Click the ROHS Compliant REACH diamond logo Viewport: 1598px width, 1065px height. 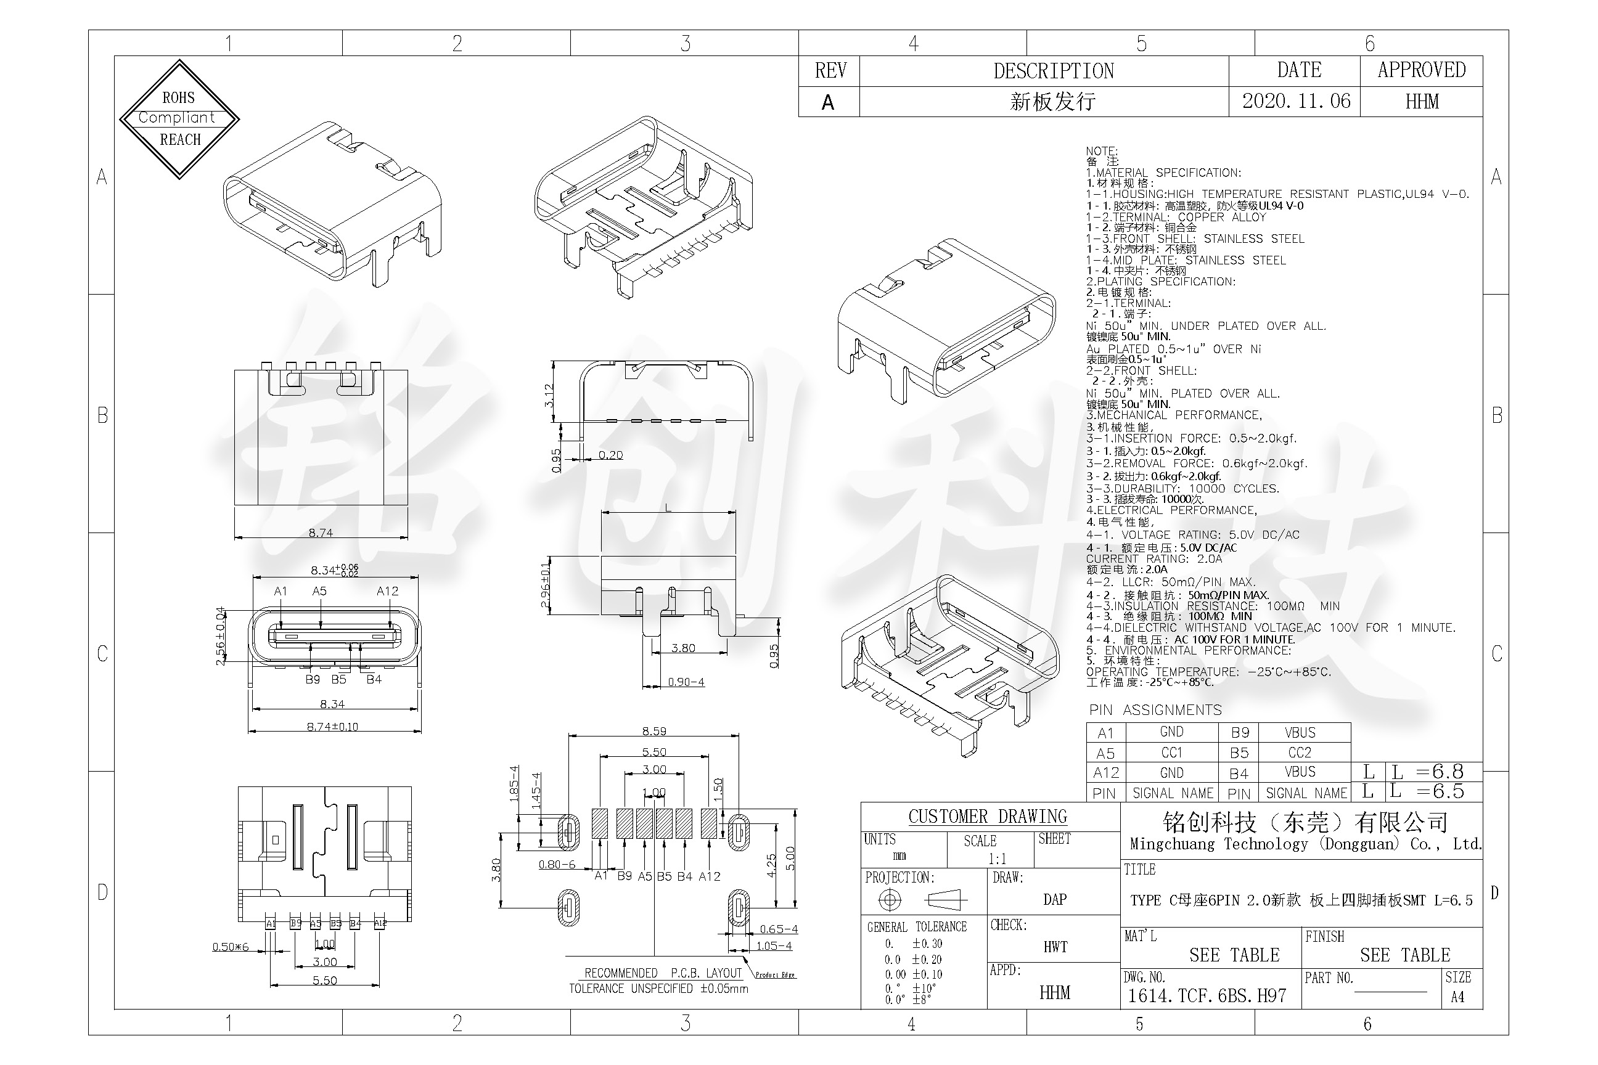[179, 119]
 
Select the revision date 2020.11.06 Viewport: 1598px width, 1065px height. [1296, 101]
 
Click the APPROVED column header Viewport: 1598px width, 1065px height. [1421, 70]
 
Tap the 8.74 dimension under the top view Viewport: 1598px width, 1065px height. [321, 533]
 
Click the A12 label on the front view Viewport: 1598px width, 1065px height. [387, 592]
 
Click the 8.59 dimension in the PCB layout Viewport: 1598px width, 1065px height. [654, 732]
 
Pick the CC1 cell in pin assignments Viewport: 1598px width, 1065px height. [1172, 753]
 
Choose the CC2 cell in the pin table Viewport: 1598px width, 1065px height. [1300, 753]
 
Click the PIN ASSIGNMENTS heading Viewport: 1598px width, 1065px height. [1155, 711]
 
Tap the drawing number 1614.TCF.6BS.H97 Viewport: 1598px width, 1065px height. [1207, 996]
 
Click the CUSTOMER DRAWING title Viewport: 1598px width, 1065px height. [988, 817]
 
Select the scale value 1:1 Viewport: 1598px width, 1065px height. [998, 859]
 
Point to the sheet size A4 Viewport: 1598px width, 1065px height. [1457, 997]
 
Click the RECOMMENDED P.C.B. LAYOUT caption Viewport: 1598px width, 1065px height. [663, 973]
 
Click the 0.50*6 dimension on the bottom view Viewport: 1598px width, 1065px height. [231, 947]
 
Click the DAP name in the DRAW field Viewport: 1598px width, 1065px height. [1054, 899]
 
